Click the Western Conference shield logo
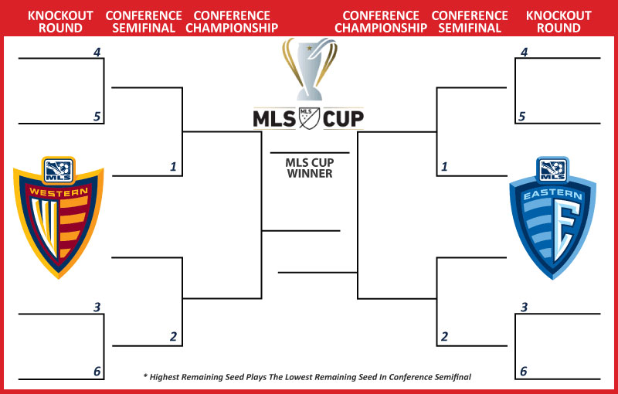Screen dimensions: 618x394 [59, 217]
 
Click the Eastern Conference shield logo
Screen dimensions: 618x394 [552, 218]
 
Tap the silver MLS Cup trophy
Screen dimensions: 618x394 [310, 69]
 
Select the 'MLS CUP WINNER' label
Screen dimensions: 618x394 [310, 168]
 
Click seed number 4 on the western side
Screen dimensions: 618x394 [97, 52]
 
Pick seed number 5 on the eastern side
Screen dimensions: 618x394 [522, 117]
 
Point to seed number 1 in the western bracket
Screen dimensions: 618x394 [173, 167]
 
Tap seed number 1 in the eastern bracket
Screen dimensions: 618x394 [444, 167]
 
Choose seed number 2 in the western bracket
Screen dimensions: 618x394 [173, 337]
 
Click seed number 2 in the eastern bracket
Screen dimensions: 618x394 [444, 337]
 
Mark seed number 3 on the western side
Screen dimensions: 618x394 [97, 307]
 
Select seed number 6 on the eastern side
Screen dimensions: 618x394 [524, 371]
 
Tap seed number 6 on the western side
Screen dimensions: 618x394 [97, 371]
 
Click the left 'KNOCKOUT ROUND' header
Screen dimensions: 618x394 [60, 22]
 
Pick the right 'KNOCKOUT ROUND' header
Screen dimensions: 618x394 [559, 22]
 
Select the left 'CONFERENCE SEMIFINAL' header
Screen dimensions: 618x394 [144, 22]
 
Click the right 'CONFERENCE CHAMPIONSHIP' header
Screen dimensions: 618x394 [381, 22]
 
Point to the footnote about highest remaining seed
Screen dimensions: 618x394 [307, 377]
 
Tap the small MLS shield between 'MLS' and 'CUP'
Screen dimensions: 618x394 [310, 118]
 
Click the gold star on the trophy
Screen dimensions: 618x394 [310, 49]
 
